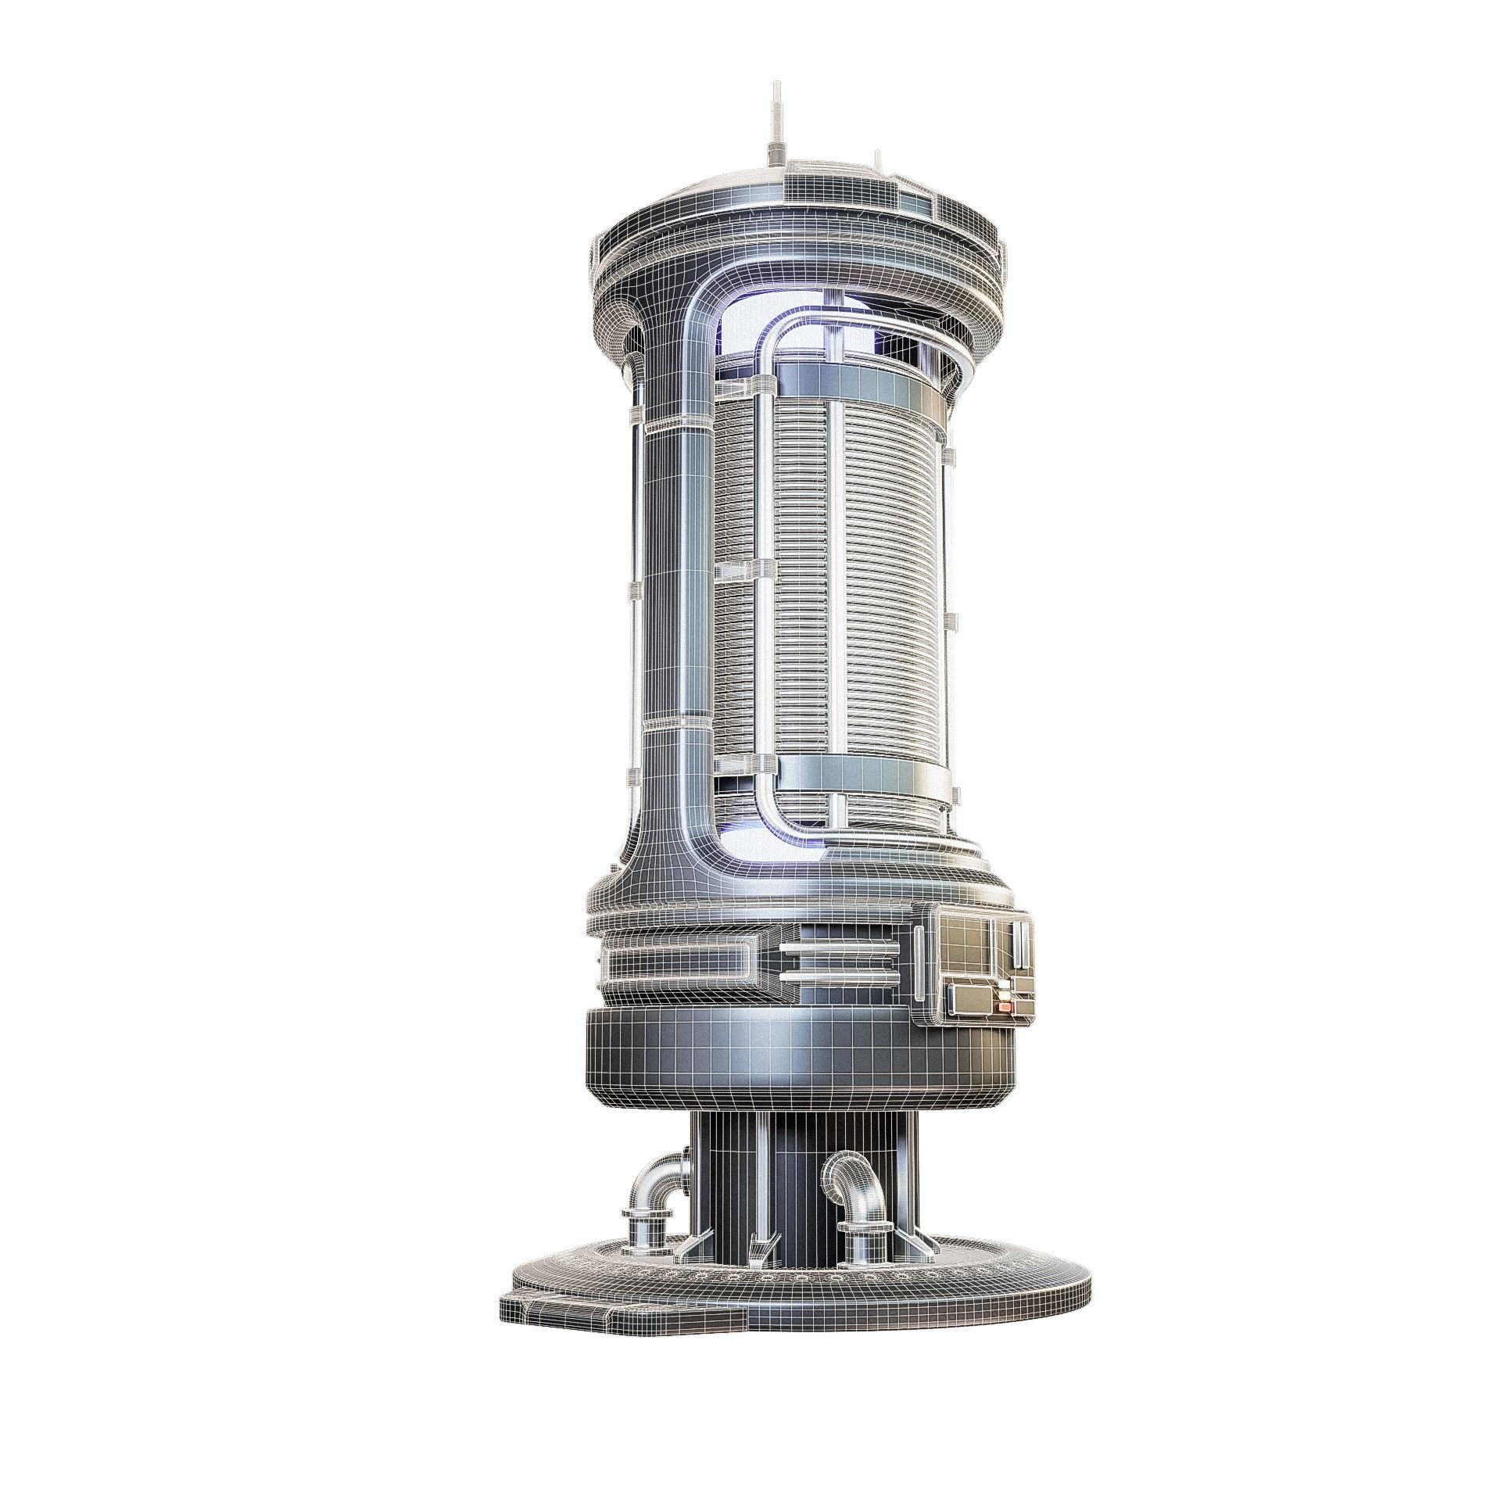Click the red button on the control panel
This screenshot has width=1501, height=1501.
[x=1006, y=1008]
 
